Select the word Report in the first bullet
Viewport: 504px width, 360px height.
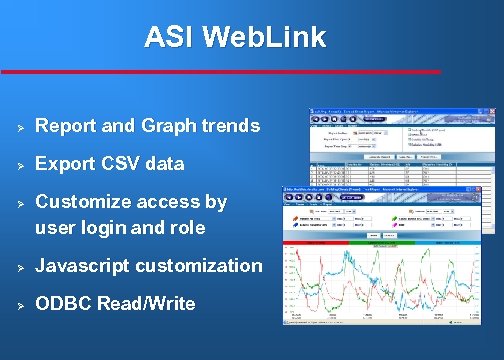pos(67,127)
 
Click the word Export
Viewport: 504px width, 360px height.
pos(65,163)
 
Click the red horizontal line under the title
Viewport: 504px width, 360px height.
pos(220,71)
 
